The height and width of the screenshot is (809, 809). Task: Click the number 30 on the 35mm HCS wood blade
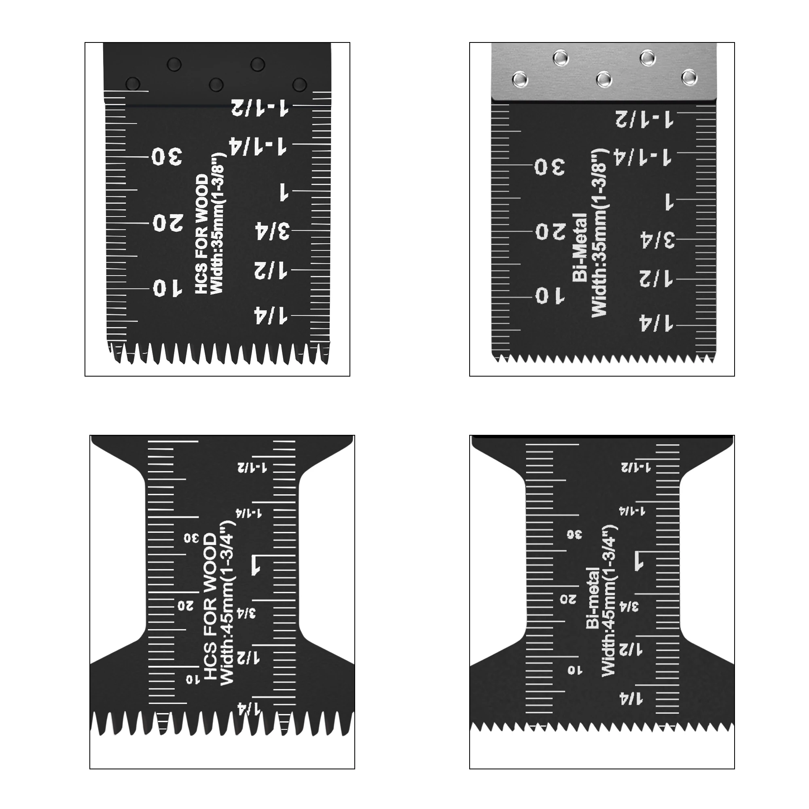coord(167,156)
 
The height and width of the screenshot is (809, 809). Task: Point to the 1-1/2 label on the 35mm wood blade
coord(260,107)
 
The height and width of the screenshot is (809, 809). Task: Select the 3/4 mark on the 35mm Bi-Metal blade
coord(658,239)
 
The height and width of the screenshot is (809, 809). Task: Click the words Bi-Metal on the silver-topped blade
coord(580,247)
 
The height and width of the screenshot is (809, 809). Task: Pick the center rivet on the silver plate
coord(604,79)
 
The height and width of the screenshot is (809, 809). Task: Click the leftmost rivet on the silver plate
coord(520,78)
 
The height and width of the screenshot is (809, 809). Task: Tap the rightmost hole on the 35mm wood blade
coord(299,85)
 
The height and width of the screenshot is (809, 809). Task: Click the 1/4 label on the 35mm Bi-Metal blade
coord(656,323)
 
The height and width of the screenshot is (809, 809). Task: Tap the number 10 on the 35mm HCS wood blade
coord(167,288)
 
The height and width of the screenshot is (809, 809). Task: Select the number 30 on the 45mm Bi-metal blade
coord(574,534)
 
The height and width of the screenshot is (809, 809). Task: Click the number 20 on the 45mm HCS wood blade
coord(185,605)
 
